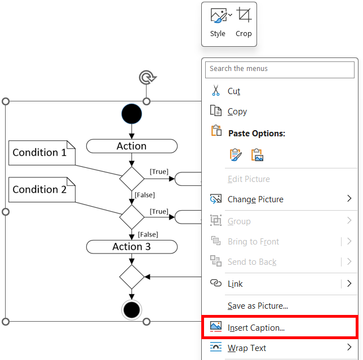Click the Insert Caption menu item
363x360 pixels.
pyautogui.click(x=256, y=327)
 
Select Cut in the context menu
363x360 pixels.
pyautogui.click(x=233, y=91)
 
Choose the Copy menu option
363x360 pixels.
pyautogui.click(x=237, y=112)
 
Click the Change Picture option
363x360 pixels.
pyautogui.click(x=255, y=199)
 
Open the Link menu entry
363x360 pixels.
pyautogui.click(x=235, y=284)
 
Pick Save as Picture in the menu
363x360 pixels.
pyautogui.click(x=258, y=306)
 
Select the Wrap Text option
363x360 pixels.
pyautogui.click(x=246, y=348)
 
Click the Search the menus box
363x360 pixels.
pyautogui.click(x=280, y=69)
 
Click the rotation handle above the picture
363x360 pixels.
pyautogui.click(x=146, y=77)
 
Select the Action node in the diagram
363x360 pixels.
pyautogui.click(x=131, y=146)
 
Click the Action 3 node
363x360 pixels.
pyautogui.click(x=131, y=247)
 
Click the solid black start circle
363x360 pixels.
pyautogui.click(x=132, y=114)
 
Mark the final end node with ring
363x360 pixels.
pyautogui.click(x=132, y=309)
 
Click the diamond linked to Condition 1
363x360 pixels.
pyautogui.click(x=132, y=179)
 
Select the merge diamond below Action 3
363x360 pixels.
pyautogui.click(x=132, y=277)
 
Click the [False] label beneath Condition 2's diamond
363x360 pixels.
pyautogui.click(x=148, y=234)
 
